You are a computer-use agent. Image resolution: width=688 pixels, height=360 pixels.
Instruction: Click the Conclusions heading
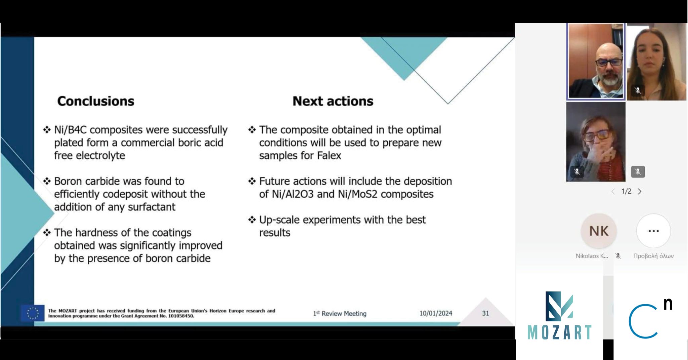[96, 101]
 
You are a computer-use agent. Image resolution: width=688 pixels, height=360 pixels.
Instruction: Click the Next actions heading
[333, 101]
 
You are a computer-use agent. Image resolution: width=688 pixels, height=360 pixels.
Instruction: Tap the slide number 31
[485, 313]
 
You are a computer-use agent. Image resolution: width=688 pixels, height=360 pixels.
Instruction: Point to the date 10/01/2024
[436, 313]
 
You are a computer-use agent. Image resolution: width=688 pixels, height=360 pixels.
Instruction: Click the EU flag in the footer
[33, 313]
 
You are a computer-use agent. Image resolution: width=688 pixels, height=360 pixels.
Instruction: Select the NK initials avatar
[599, 231]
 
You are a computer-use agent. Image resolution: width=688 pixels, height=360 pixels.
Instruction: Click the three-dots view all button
[653, 231]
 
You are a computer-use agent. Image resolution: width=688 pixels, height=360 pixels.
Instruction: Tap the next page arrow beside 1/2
[640, 191]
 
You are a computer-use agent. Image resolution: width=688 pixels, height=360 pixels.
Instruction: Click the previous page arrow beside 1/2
[613, 191]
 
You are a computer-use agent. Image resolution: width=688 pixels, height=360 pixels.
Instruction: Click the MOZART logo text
[559, 332]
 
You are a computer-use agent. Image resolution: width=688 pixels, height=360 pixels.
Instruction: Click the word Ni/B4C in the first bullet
[71, 130]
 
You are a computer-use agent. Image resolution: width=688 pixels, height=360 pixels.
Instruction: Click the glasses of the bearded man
[609, 62]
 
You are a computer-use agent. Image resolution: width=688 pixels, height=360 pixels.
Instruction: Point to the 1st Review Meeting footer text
[340, 313]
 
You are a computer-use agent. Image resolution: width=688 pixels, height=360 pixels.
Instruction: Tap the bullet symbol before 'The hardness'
[47, 232]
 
